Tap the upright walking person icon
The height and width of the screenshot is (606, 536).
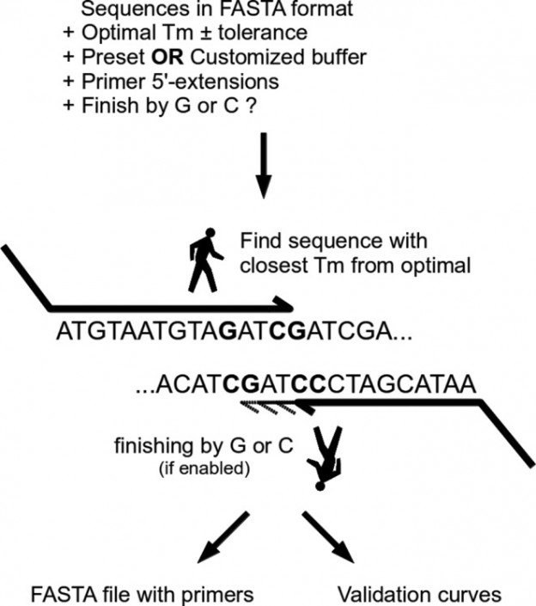(204, 262)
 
